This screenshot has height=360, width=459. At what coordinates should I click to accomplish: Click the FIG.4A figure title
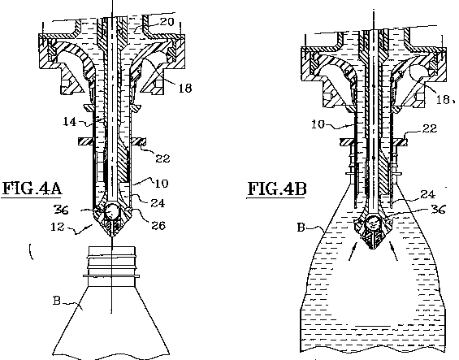[x=32, y=189]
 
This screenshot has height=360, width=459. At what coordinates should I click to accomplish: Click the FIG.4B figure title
[x=278, y=189]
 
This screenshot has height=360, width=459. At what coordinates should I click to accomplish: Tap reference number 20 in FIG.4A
[x=167, y=22]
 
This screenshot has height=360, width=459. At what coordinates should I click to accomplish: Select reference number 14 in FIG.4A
[x=70, y=121]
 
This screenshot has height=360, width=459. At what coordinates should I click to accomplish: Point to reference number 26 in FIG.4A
[x=158, y=225]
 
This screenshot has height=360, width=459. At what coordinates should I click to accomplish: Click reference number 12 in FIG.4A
[x=58, y=227]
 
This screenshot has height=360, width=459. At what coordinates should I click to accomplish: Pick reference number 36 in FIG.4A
[x=61, y=210]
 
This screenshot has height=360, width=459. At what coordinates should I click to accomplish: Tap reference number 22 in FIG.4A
[x=162, y=158]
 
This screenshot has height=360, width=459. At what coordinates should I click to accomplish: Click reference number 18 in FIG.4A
[x=185, y=88]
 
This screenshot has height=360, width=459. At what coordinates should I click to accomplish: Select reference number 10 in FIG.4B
[x=318, y=124]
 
